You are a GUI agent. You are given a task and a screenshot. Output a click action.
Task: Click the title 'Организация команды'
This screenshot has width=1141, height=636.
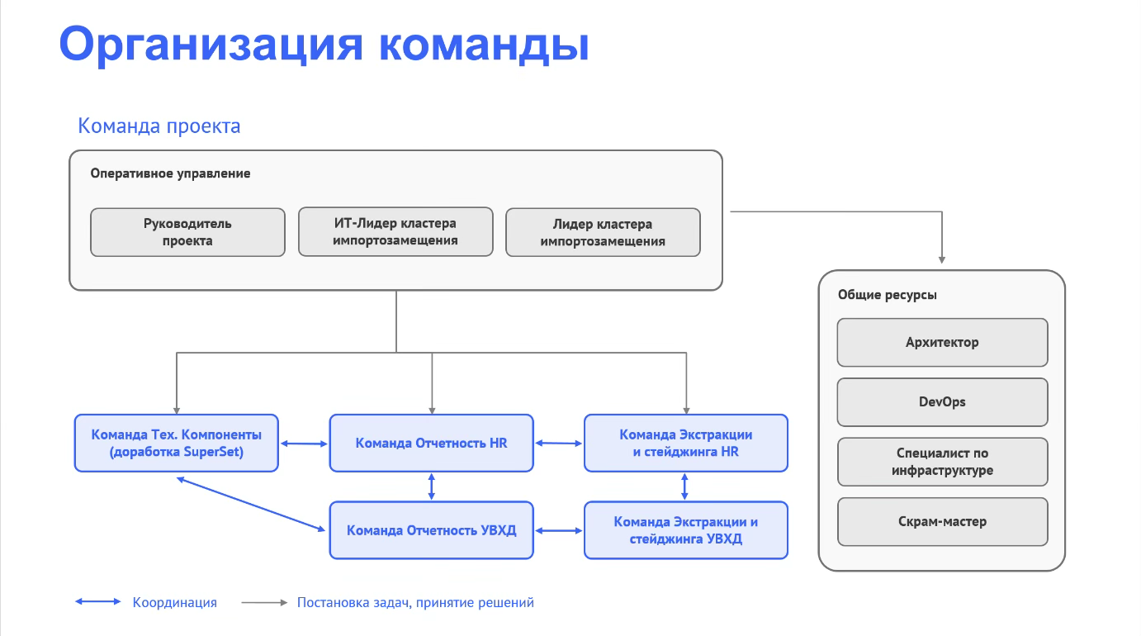[324, 44]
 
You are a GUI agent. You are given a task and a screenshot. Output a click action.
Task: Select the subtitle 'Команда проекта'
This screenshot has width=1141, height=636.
[159, 126]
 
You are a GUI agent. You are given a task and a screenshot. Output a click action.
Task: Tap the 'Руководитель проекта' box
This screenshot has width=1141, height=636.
[187, 232]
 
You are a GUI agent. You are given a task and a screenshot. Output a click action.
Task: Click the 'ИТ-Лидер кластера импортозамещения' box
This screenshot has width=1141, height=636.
[395, 232]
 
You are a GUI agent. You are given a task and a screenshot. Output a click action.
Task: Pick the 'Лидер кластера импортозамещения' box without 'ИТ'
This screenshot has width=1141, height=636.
[603, 232]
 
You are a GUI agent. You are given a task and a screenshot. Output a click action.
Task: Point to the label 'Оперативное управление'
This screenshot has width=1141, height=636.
[170, 173]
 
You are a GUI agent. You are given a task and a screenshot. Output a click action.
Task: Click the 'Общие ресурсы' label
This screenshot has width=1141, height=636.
[887, 295]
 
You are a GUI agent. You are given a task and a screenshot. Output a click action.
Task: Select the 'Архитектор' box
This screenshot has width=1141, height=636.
[942, 342]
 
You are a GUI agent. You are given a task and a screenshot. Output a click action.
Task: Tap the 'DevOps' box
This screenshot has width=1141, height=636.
[942, 402]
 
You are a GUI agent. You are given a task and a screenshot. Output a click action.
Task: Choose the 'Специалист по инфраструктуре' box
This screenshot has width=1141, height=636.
[942, 462]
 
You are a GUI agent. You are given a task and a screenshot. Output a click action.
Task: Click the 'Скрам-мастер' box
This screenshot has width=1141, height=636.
[942, 521]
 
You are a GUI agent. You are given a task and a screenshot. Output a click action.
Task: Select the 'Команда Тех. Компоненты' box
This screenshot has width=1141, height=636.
[176, 443]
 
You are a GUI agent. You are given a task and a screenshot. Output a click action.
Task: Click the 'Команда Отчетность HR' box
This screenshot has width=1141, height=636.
[431, 443]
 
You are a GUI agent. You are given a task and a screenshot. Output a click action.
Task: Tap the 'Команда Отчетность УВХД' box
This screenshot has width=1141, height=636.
[431, 530]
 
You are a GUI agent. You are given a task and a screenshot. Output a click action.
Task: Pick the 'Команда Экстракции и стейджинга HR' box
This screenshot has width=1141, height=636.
[685, 443]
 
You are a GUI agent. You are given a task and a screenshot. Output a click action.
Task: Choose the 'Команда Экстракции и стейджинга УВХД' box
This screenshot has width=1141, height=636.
[685, 530]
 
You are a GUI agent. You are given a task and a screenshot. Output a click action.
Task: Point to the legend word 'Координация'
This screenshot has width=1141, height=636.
[174, 603]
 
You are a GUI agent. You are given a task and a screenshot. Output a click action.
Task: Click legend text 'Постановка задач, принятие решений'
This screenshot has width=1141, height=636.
[415, 603]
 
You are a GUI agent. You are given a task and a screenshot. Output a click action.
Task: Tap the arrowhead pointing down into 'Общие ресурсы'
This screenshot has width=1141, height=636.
[942, 259]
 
